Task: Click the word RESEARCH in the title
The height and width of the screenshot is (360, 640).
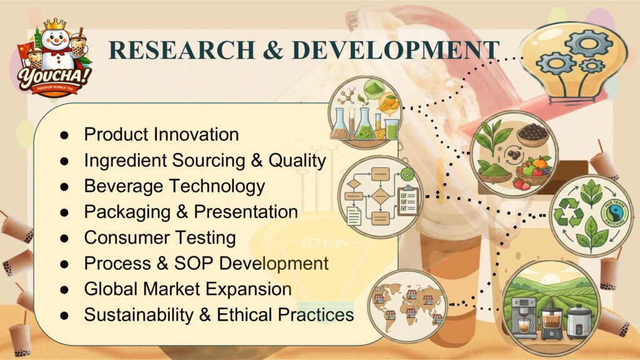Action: (182, 50)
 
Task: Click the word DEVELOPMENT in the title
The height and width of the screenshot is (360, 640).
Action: (396, 50)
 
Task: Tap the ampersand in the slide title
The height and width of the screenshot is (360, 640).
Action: (273, 50)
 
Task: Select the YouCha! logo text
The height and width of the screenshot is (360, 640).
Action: (54, 77)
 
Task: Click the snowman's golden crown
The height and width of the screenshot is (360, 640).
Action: (55, 24)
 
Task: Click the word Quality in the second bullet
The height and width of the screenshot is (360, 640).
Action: (297, 161)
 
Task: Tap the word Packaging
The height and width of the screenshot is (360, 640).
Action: (127, 212)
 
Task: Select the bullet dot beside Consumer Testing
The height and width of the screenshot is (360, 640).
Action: (64, 238)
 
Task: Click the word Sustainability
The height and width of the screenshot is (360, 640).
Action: (139, 315)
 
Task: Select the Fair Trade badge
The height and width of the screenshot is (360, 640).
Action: (615, 212)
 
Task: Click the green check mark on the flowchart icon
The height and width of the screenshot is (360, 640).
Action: (407, 175)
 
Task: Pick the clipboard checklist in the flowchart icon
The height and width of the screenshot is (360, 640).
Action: (408, 201)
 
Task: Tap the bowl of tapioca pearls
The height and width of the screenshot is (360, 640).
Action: (532, 135)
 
